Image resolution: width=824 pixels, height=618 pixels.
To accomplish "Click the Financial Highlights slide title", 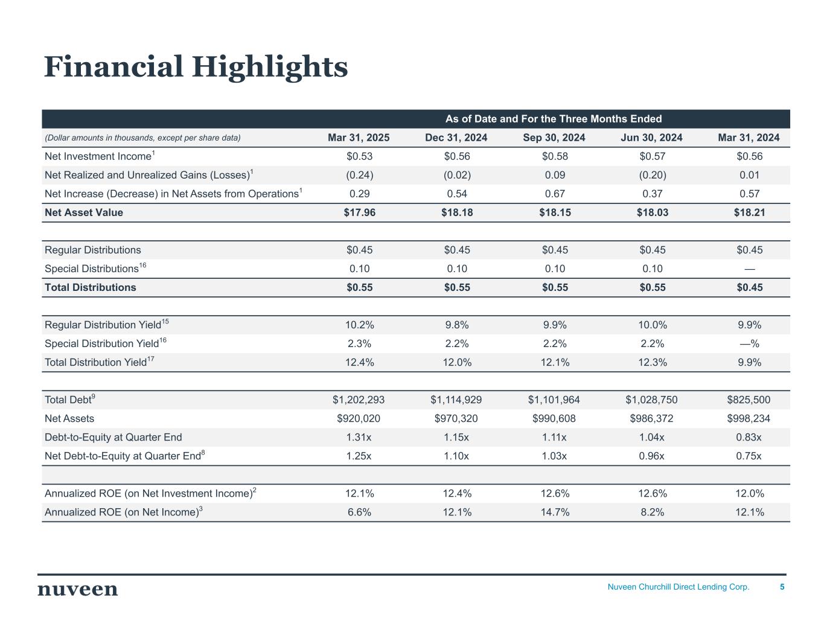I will tap(196, 66).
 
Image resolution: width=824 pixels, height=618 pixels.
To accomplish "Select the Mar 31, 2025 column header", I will tap(359, 138).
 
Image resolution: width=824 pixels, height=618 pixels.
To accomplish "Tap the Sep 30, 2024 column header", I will tap(554, 138).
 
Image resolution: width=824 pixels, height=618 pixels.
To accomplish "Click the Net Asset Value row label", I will tap(84, 212).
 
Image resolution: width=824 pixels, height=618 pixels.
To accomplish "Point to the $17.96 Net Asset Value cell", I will tap(360, 212).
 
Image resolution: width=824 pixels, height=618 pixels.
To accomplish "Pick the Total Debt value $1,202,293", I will tap(359, 400).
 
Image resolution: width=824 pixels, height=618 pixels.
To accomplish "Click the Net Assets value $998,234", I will tap(749, 418).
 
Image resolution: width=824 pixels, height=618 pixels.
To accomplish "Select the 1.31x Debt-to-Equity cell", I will tap(359, 437).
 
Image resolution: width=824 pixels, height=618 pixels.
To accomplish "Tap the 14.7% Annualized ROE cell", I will tap(555, 512).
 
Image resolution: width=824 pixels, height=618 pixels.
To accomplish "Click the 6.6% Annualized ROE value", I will tap(359, 512).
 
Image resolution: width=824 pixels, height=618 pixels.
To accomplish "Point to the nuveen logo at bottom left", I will tap(78, 589).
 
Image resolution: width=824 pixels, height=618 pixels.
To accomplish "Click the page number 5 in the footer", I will tap(782, 587).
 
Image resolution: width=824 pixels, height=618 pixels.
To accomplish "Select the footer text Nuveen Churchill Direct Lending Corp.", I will tap(678, 587).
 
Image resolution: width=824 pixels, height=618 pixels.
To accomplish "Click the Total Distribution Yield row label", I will tap(96, 362).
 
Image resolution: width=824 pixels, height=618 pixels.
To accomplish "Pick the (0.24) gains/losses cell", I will tap(359, 175).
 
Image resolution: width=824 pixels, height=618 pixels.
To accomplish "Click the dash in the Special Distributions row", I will tap(749, 269).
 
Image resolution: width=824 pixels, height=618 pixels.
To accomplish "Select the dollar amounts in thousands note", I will tap(143, 138).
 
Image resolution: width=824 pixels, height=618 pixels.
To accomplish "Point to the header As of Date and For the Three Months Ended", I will tap(554, 119).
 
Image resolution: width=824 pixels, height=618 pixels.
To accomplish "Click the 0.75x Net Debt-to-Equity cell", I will tap(749, 456).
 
